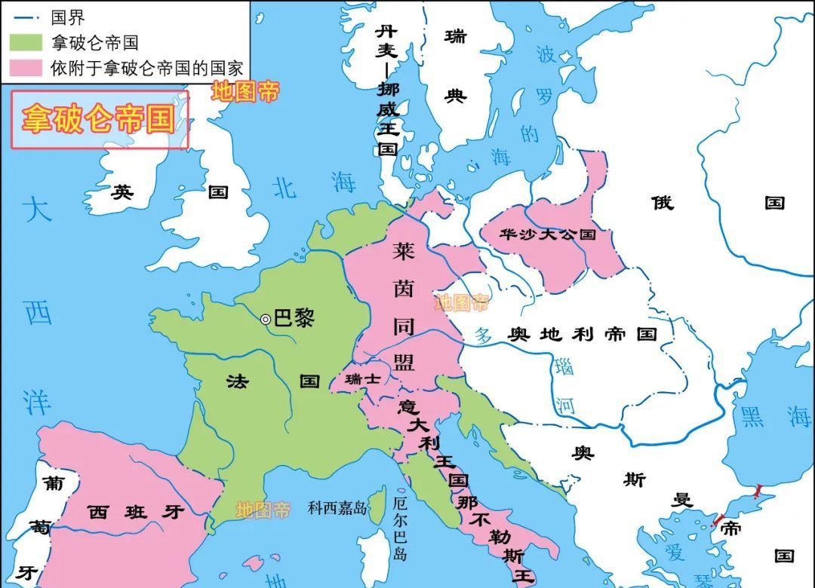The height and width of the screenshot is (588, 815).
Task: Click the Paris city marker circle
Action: pyautogui.click(x=266, y=320)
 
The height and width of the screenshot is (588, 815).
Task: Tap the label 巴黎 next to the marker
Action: pyautogui.click(x=293, y=318)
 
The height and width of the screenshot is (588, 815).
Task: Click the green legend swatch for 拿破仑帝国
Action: pyautogui.click(x=27, y=43)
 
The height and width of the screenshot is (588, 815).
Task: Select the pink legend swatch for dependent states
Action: pyautogui.click(x=27, y=69)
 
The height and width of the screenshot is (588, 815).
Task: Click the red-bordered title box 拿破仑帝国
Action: pyautogui.click(x=99, y=120)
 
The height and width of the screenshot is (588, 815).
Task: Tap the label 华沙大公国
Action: pyautogui.click(x=547, y=234)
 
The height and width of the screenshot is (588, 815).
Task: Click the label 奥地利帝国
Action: pyautogui.click(x=583, y=335)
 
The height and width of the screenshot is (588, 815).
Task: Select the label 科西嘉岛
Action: pyautogui.click(x=337, y=508)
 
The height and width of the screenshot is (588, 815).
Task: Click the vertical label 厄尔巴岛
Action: pyautogui.click(x=400, y=527)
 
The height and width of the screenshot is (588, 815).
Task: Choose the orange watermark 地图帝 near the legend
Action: pyautogui.click(x=244, y=92)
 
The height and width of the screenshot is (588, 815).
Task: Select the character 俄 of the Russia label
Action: pyautogui.click(x=662, y=203)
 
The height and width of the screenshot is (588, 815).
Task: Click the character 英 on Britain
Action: pyautogui.click(x=122, y=192)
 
